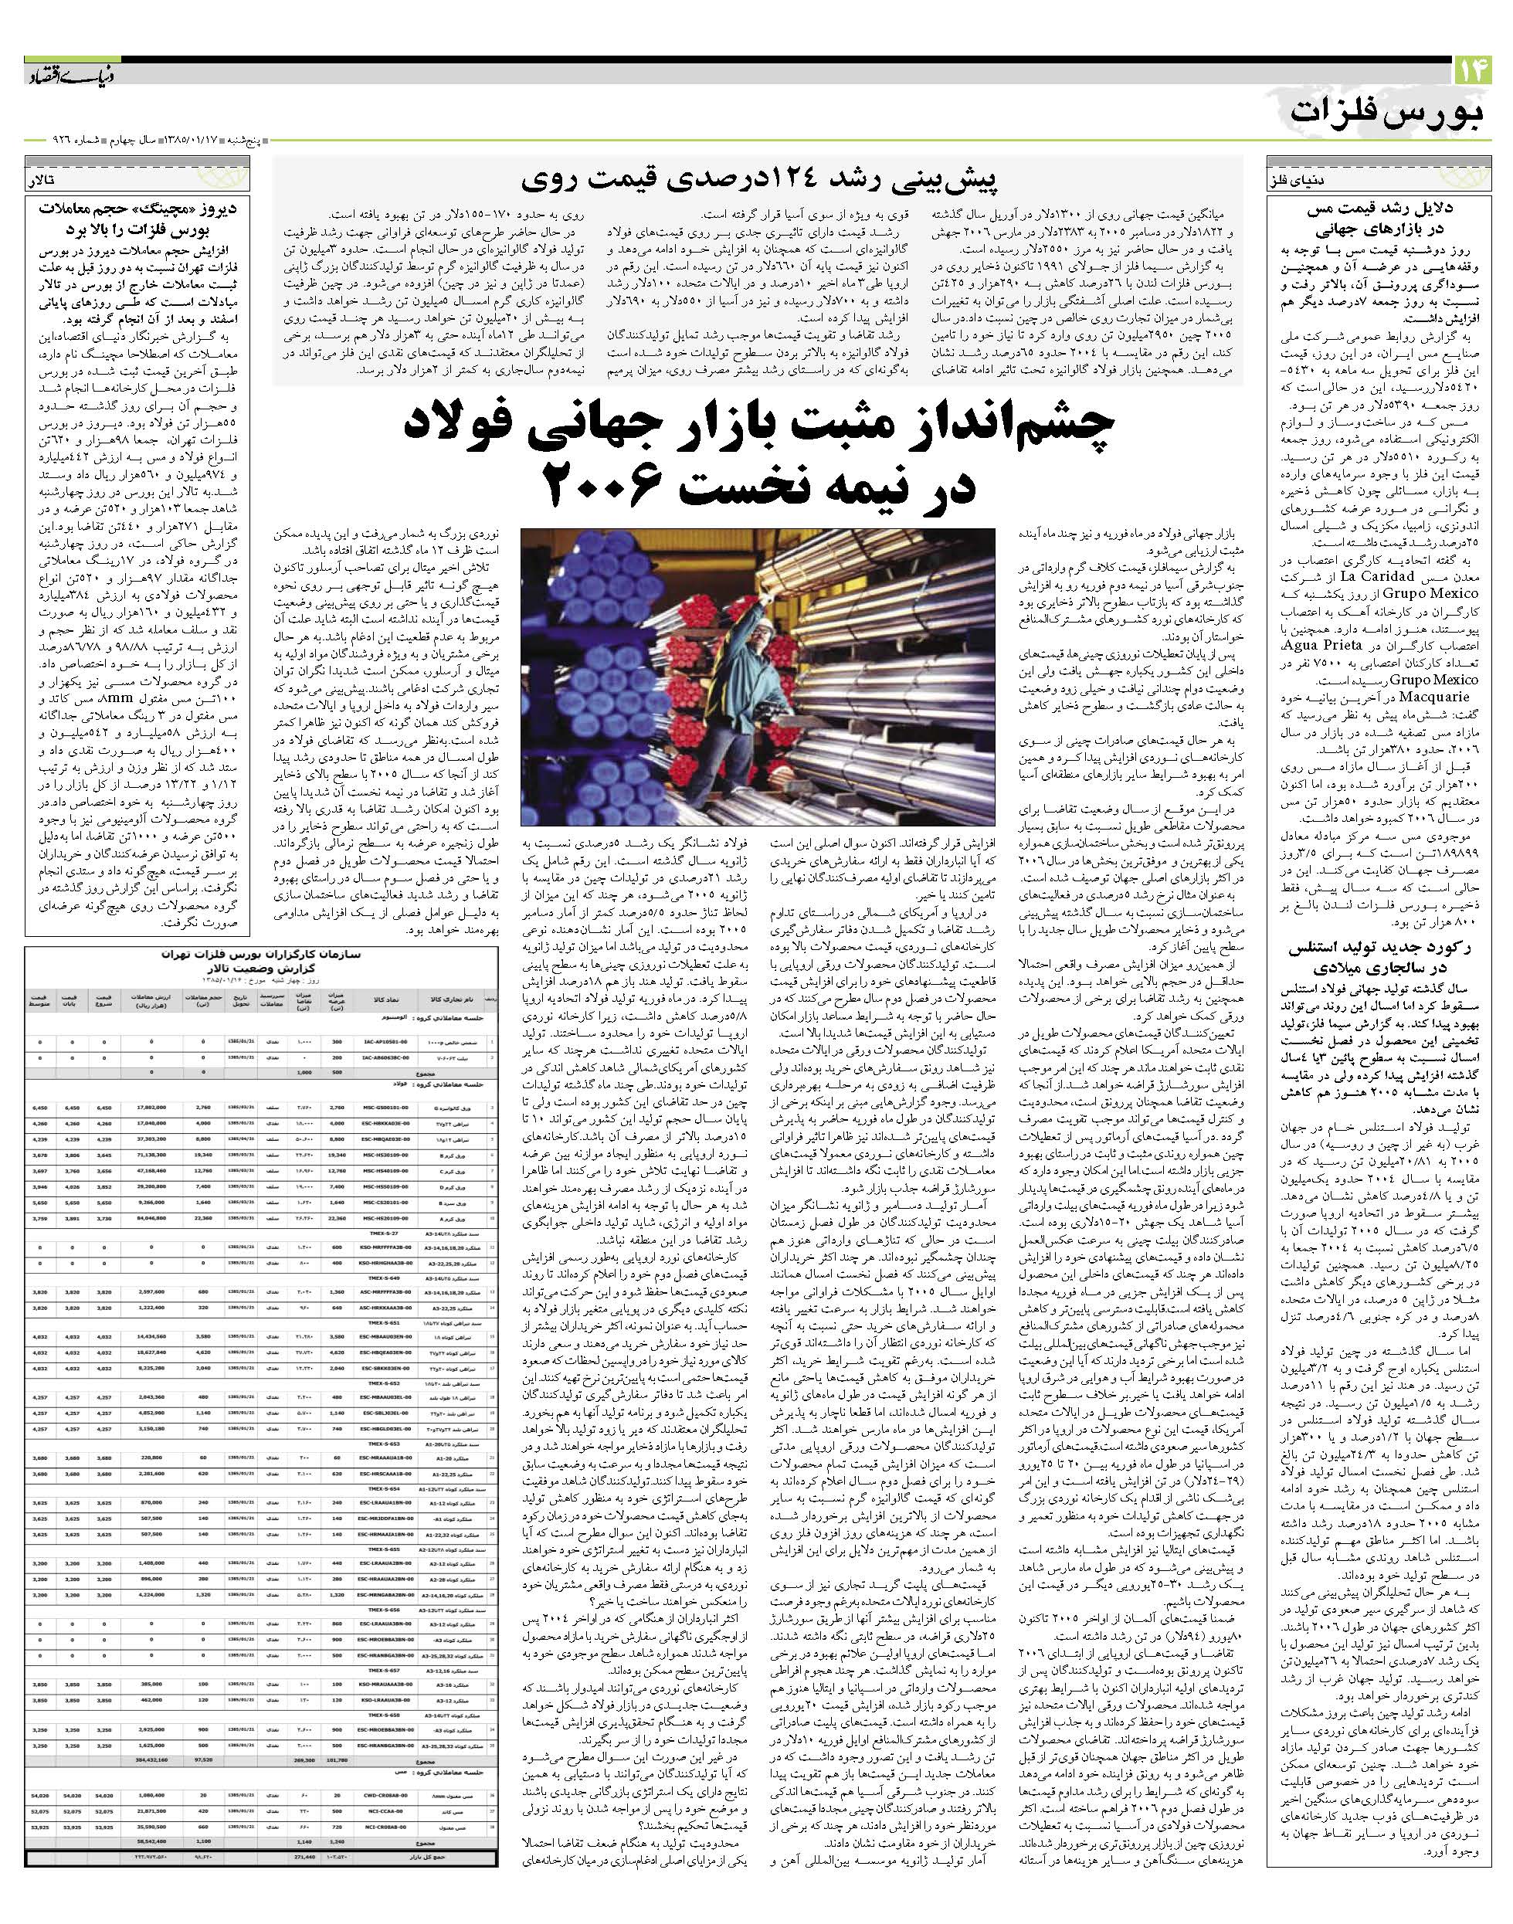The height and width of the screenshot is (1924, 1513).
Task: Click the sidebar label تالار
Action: [x=43, y=180]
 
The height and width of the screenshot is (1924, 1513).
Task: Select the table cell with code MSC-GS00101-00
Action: [x=386, y=1108]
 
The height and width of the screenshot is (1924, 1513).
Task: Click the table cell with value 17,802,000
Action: [x=151, y=1108]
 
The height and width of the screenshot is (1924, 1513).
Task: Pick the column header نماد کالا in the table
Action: [x=386, y=1000]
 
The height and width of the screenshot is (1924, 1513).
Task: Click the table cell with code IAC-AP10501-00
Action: [x=386, y=1043]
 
